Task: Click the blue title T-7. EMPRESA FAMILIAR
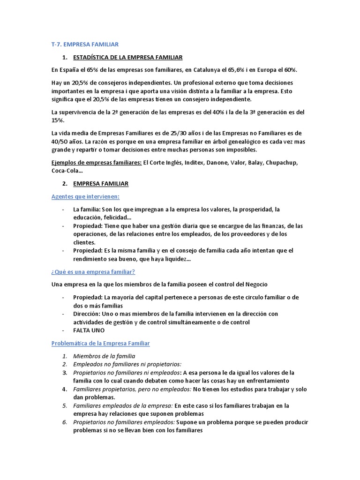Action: click(85, 45)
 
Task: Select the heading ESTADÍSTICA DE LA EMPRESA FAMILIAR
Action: click(127, 57)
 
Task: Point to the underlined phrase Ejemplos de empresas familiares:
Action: click(96, 163)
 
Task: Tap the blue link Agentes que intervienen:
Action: click(85, 196)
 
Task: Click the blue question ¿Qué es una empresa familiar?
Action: click(93, 272)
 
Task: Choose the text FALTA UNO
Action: click(89, 330)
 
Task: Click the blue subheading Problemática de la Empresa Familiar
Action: click(100, 344)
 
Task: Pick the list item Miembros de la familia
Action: click(104, 356)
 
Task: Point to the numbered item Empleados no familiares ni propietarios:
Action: click(127, 364)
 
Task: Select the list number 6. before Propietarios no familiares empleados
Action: click(65, 422)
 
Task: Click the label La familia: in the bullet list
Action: click(87, 209)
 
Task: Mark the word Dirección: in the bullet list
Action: click(88, 314)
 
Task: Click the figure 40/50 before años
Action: click(62, 141)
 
